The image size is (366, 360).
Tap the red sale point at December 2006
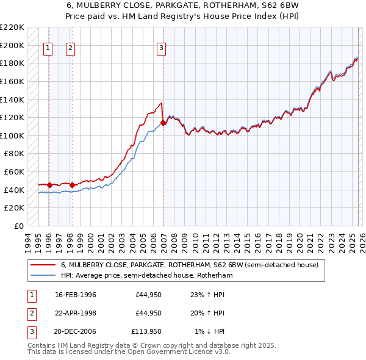[x=163, y=123]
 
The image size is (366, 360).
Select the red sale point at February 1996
[x=49, y=185]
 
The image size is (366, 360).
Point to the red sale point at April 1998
[x=72, y=185]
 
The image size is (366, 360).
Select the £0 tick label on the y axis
[x=18, y=226]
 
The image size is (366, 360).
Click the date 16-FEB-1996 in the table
[x=76, y=295]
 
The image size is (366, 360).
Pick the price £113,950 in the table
[x=146, y=331]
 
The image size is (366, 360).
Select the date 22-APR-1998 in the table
[x=76, y=313]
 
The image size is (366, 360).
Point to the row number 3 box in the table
[x=30, y=331]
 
